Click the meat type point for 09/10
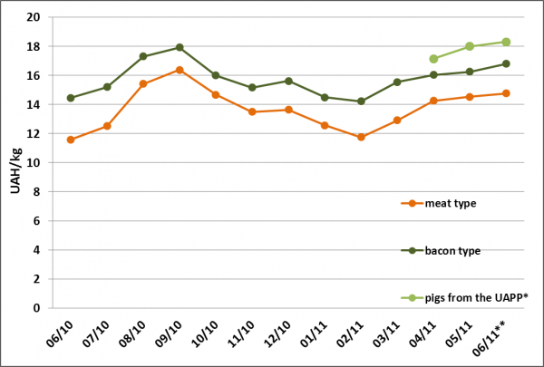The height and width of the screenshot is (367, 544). coord(180,70)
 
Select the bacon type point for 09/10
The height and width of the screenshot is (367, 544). coord(180,47)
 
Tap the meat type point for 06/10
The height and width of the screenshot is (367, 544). coord(71,140)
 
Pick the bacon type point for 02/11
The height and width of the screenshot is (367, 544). coord(361,101)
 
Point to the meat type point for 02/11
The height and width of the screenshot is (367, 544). coord(361,137)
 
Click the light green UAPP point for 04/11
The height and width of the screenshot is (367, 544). coord(433,59)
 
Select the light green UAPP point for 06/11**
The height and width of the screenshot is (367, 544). coord(506,42)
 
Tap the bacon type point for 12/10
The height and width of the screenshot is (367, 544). coord(288,81)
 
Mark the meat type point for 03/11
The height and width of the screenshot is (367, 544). coord(397,120)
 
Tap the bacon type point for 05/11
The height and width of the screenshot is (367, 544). coord(470,72)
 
